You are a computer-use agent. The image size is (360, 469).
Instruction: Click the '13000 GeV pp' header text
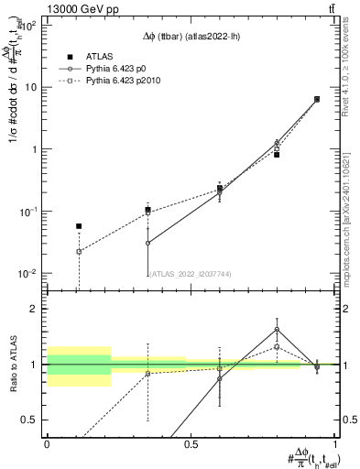[48, 8]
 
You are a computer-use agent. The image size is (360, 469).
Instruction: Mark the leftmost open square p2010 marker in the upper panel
[79, 251]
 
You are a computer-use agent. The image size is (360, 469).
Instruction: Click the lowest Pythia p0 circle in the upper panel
[147, 243]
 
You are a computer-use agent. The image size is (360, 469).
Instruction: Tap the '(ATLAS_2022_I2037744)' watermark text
[191, 272]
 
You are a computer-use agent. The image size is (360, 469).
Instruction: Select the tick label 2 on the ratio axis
[37, 310]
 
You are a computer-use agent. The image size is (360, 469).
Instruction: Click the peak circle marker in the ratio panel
[277, 330]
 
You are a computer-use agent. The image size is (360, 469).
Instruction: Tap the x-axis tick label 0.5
[191, 443]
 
